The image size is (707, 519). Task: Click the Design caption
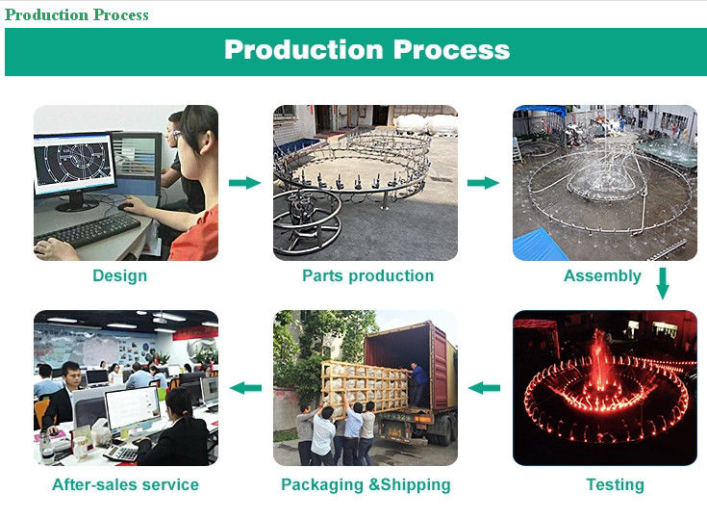pyautogui.click(x=119, y=276)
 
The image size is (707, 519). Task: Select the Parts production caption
pyautogui.click(x=367, y=276)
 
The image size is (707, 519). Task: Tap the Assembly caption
pyautogui.click(x=602, y=276)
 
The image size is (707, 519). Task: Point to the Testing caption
pyautogui.click(x=615, y=484)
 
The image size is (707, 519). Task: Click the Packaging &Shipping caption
pyautogui.click(x=366, y=484)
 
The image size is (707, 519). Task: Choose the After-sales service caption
pyautogui.click(x=125, y=484)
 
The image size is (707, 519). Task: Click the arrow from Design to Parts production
pyautogui.click(x=245, y=182)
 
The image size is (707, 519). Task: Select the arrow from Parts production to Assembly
pyautogui.click(x=484, y=182)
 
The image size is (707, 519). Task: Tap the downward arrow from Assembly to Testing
pyautogui.click(x=662, y=284)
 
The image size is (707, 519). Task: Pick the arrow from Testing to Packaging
pyautogui.click(x=484, y=388)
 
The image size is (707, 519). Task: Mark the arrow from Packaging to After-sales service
pyautogui.click(x=246, y=388)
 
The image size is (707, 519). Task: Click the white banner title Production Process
pyautogui.click(x=366, y=50)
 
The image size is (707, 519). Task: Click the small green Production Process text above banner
pyautogui.click(x=77, y=14)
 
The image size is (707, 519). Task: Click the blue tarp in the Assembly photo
pyautogui.click(x=539, y=245)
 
